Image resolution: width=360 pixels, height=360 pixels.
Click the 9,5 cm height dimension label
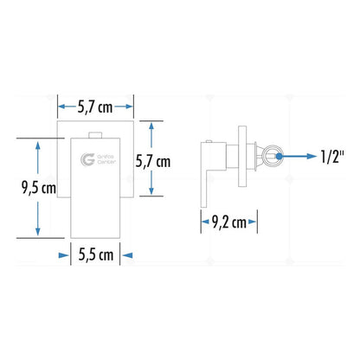point(39,188)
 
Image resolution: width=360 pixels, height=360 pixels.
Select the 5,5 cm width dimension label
point(96,254)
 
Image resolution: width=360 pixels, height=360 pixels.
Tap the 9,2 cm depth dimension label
point(229,222)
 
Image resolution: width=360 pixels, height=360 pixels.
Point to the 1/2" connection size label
point(332,157)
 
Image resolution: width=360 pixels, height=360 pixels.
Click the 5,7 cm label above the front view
point(95,107)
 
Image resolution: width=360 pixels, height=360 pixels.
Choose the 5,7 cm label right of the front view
point(153,161)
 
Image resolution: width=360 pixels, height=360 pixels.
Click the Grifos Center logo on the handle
point(98,159)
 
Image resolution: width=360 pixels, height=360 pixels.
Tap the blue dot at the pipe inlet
point(279,157)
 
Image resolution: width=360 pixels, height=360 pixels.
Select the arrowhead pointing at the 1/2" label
point(312,157)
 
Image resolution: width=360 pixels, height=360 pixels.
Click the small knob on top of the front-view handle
point(95,135)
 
